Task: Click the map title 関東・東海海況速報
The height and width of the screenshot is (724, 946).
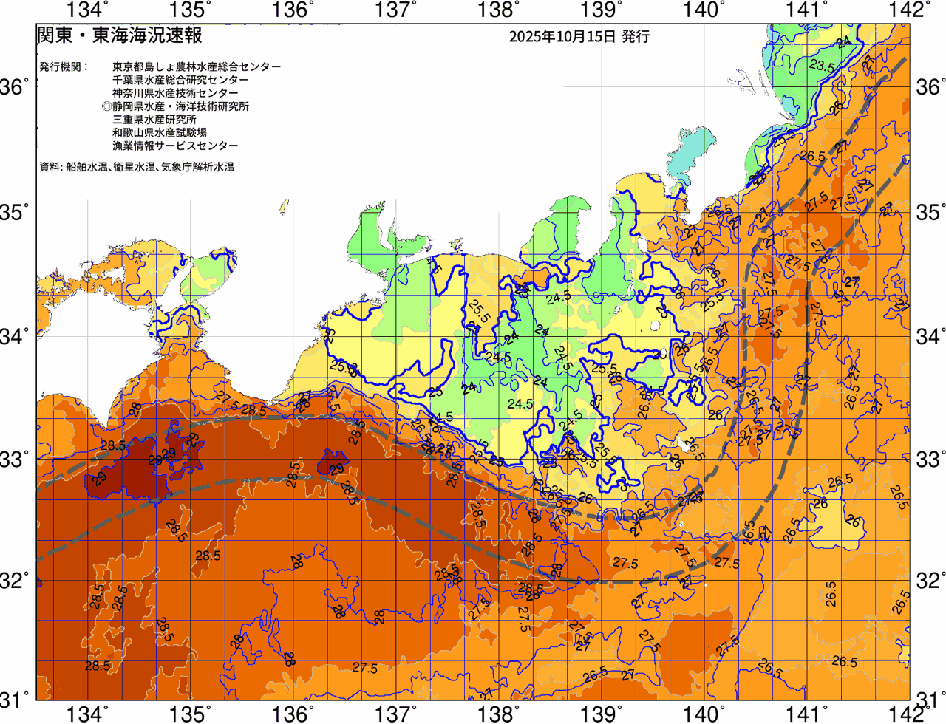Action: [x=119, y=35]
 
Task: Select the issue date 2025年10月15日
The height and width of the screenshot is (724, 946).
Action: [x=562, y=36]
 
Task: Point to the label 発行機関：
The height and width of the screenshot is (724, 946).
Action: [x=64, y=66]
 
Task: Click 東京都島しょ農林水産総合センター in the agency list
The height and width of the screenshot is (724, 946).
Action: [x=197, y=66]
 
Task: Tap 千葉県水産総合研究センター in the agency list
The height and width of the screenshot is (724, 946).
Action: [x=180, y=80]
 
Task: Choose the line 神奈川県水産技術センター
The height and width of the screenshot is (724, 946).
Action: [x=175, y=93]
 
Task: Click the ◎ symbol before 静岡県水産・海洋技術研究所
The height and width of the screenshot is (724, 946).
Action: [x=106, y=106]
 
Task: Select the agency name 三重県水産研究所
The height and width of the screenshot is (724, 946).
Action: [x=154, y=120]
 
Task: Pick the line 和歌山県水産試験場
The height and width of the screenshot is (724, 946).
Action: [x=160, y=133]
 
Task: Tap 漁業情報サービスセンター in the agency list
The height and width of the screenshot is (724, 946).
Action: [x=175, y=146]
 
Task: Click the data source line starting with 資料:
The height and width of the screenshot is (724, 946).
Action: [x=137, y=168]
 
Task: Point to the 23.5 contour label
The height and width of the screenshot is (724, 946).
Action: [x=822, y=66]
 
